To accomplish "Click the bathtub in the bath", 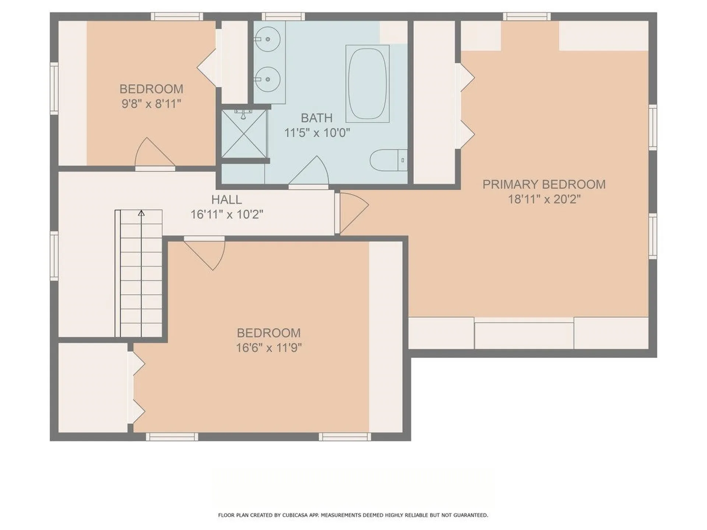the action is [x=367, y=84].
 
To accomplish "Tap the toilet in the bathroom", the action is [x=388, y=160].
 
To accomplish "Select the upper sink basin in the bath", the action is [x=268, y=38].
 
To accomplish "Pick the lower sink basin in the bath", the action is [x=268, y=79].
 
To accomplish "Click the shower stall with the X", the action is [x=244, y=133].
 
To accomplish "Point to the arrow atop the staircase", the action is [x=141, y=213].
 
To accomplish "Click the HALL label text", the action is [x=226, y=199].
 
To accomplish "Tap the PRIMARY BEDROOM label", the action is [x=544, y=184].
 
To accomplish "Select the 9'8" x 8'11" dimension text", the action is [x=151, y=104].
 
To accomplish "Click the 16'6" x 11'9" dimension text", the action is [x=269, y=347].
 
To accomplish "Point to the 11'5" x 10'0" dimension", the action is [x=317, y=132].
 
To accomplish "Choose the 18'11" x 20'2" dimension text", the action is [x=544, y=199].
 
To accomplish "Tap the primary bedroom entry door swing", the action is [x=352, y=213].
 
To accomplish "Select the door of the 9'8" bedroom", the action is [x=155, y=153].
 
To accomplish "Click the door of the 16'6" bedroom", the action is [x=205, y=253].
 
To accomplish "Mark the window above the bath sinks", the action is [x=283, y=16].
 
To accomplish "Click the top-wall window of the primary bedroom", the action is [x=527, y=16].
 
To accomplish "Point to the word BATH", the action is [x=317, y=118].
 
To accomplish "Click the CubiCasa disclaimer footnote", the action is [x=353, y=515].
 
